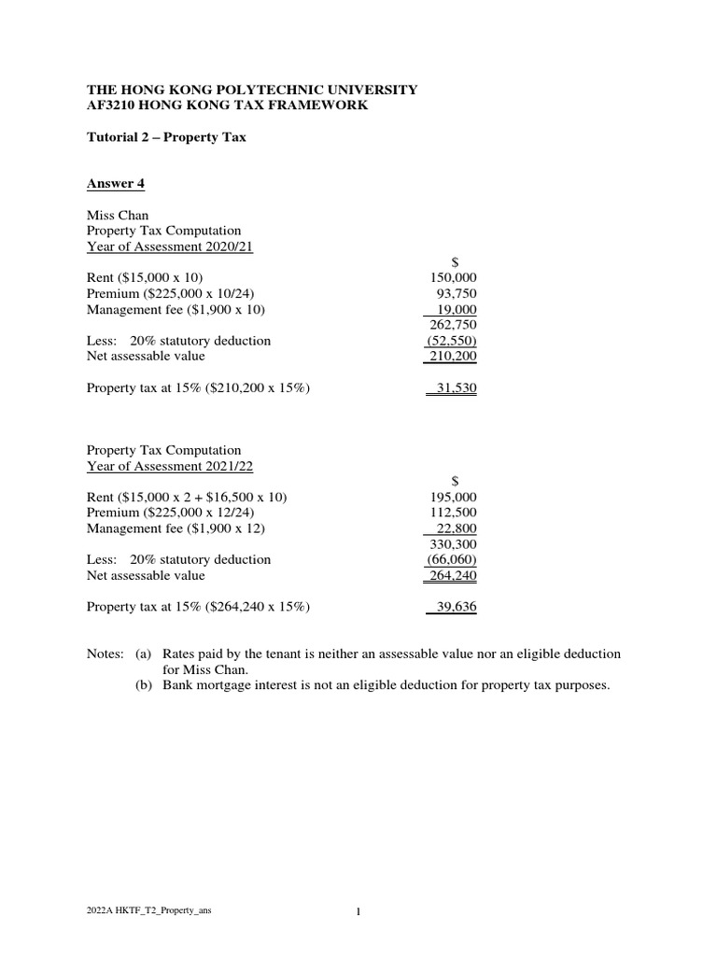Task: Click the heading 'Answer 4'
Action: [x=116, y=184]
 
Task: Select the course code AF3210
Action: [x=111, y=105]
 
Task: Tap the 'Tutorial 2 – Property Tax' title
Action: [x=166, y=137]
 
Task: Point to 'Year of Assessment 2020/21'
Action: [x=171, y=246]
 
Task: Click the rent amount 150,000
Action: [x=452, y=278]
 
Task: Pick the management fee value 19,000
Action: [x=456, y=310]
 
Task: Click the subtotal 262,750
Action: [x=452, y=325]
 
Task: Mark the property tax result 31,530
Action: [x=455, y=387]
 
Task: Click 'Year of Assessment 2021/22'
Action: [x=171, y=466]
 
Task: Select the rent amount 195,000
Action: [x=452, y=498]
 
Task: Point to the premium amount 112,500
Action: [x=452, y=513]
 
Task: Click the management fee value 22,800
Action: [x=456, y=529]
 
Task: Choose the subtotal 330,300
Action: [x=452, y=544]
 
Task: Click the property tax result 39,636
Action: [x=455, y=607]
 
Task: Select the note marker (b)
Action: [x=145, y=685]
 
